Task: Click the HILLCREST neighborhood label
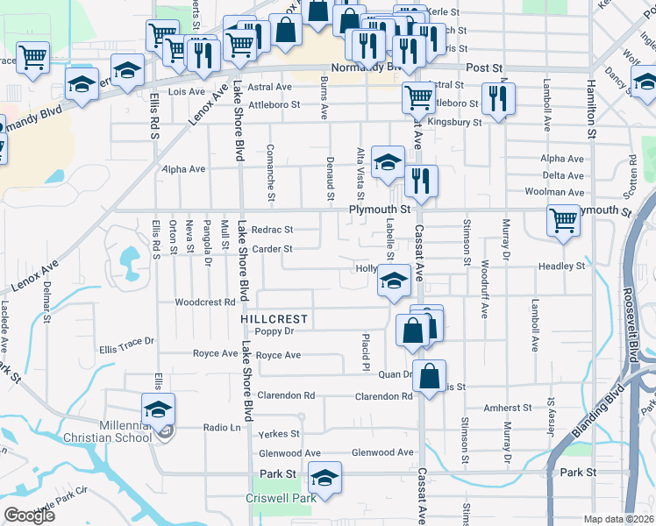click(x=275, y=318)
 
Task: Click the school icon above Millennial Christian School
click(x=158, y=409)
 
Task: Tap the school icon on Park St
click(x=324, y=478)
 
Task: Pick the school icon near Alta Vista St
click(x=388, y=161)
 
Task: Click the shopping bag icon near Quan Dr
click(x=429, y=376)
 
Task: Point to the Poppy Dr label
click(x=274, y=331)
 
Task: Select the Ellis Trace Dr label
click(x=126, y=341)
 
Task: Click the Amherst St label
click(x=508, y=408)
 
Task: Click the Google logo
click(x=30, y=515)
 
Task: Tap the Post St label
click(x=483, y=68)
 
